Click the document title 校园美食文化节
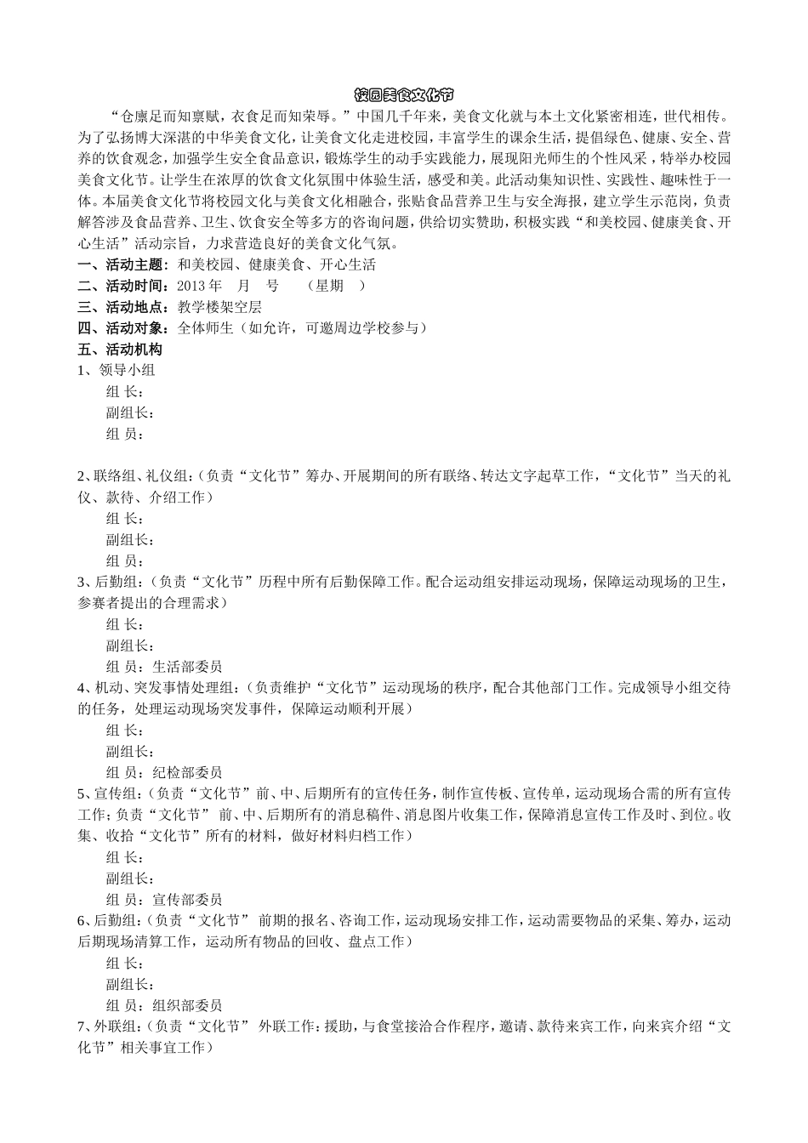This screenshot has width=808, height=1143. (404, 94)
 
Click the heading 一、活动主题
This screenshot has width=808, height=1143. (123, 264)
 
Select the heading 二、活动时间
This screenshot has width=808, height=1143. (123, 286)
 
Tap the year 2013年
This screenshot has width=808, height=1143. (200, 286)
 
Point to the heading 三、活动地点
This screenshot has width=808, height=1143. (123, 307)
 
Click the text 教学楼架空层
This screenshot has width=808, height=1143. (219, 307)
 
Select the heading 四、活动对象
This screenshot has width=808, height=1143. (123, 328)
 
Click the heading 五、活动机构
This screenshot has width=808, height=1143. (120, 350)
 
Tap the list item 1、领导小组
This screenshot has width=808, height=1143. (117, 370)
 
